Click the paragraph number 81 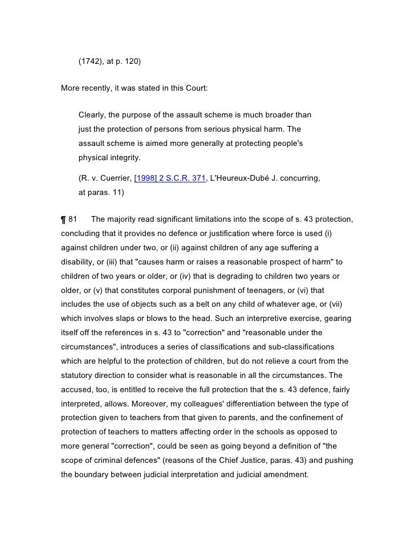[x=73, y=220]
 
